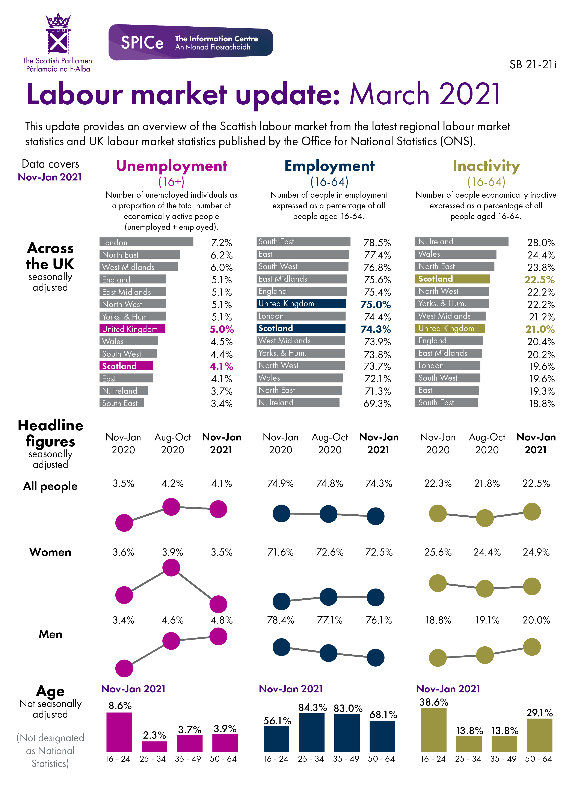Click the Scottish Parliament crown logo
tap(58, 34)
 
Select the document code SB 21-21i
tap(532, 65)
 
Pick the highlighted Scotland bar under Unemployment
tap(126, 366)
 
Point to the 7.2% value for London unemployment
tap(221, 243)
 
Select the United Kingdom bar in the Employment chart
tap(301, 304)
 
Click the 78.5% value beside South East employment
tap(377, 243)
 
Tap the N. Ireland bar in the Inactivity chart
tap(461, 242)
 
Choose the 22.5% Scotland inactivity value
tap(539, 280)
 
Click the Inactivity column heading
tap(486, 166)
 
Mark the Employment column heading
tap(329, 166)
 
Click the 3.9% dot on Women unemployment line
tap(171, 568)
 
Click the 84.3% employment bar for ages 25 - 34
tap(312, 732)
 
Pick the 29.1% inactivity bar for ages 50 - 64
tap(539, 735)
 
